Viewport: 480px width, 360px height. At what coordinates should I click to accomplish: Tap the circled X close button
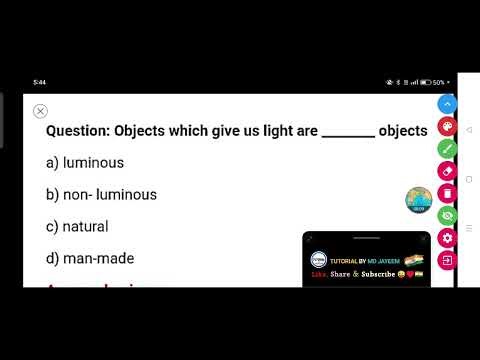40,111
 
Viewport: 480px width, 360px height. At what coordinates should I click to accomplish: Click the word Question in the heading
77,131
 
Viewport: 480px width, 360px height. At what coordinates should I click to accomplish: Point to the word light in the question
277,131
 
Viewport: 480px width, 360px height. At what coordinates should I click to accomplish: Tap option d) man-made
90,258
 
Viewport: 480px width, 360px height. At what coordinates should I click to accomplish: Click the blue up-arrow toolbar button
447,104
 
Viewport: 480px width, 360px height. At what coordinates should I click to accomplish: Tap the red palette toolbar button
447,126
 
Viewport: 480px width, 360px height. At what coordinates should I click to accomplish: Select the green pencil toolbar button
447,148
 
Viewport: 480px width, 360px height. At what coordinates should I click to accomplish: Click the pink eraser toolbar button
447,170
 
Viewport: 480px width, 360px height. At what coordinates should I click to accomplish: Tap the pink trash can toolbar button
447,192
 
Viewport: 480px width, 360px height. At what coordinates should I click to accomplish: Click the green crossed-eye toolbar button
447,215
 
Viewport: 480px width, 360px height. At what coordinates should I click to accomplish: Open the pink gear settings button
447,237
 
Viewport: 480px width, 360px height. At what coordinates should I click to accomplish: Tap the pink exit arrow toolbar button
447,259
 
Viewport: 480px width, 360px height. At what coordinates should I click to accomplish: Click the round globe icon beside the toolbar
417,200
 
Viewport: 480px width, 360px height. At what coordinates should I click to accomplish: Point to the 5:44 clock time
39,82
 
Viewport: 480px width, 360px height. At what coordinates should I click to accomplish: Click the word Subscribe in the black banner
377,273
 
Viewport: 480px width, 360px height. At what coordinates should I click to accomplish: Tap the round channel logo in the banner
319,259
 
